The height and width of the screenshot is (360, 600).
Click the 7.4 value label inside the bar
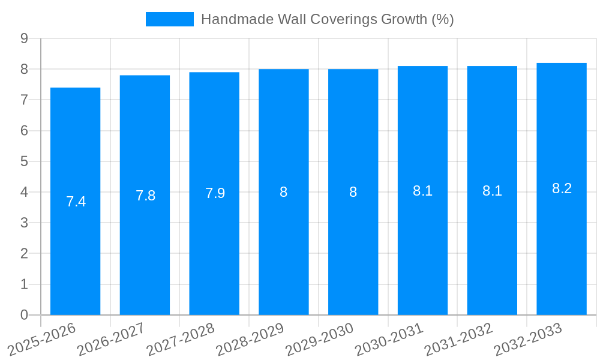coord(76,202)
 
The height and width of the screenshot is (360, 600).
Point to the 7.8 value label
coord(145,196)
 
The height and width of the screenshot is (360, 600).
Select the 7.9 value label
coord(215,193)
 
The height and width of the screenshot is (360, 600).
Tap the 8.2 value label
coord(562,188)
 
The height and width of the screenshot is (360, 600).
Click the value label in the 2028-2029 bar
coord(284,192)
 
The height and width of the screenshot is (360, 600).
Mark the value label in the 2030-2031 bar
coord(422,191)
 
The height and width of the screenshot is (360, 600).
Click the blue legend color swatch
coord(169,19)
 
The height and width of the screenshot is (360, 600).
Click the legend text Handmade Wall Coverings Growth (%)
coord(327,19)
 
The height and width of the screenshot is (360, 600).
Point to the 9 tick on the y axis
coord(24,38)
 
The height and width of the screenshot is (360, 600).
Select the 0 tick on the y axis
coord(24,315)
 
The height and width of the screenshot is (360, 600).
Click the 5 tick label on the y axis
coord(24,161)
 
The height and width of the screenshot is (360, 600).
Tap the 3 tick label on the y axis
coord(24,223)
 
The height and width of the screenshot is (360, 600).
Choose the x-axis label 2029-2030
coord(319,340)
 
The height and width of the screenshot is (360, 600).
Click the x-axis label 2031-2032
coord(458,340)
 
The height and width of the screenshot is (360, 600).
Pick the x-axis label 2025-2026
coord(41,340)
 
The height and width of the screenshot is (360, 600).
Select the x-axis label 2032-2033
coord(528,340)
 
